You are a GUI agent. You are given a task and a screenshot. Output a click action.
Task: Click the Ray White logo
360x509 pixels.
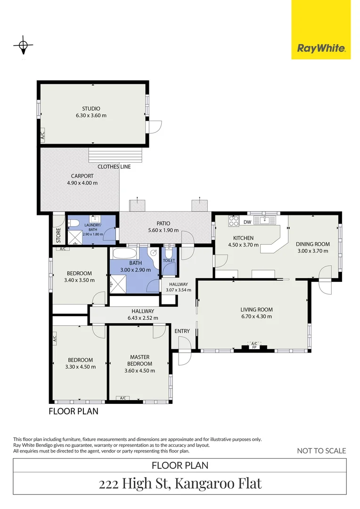tap(321, 48)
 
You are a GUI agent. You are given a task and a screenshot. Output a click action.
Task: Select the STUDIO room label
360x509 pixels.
tap(91, 108)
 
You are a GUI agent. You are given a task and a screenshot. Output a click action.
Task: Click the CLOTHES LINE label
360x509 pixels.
tap(114, 166)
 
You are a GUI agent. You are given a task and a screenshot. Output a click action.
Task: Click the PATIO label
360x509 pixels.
tap(164, 223)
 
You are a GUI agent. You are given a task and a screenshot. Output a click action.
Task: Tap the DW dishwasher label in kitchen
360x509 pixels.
tap(247, 222)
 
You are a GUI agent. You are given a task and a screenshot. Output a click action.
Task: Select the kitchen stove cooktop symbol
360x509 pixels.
tap(233, 221)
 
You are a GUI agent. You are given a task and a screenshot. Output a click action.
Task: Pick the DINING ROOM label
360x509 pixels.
tap(312, 244)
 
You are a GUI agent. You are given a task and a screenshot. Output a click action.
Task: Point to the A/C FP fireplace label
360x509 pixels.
tap(254, 345)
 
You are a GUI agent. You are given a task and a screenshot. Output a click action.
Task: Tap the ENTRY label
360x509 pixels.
tap(182, 331)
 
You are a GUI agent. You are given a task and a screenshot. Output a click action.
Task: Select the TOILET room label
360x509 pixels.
tap(169, 260)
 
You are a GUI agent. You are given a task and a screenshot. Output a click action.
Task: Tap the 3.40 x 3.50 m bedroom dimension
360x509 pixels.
tap(79, 280)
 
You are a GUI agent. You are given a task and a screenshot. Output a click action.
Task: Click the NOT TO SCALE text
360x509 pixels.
tap(321, 451)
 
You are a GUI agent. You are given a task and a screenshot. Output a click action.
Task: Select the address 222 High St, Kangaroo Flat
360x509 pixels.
tap(180, 484)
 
